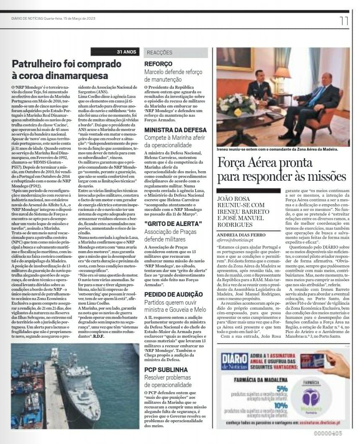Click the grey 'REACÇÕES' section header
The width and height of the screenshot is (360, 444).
pyautogui.click(x=159, y=53)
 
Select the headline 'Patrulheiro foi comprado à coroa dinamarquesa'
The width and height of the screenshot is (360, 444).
pyautogui.click(x=67, y=70)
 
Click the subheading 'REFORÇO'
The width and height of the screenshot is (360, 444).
pyautogui.click(x=158, y=64)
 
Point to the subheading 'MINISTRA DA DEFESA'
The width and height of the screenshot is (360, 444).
pyautogui.click(x=172, y=130)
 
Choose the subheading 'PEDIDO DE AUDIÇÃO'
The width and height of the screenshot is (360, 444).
pyautogui.click(x=173, y=294)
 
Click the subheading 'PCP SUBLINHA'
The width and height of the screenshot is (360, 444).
pyautogui.click(x=166, y=370)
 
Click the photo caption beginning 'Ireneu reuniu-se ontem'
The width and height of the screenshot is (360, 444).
pyautogui.click(x=277, y=149)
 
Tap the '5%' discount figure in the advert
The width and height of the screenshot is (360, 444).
pyautogui.click(x=282, y=388)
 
